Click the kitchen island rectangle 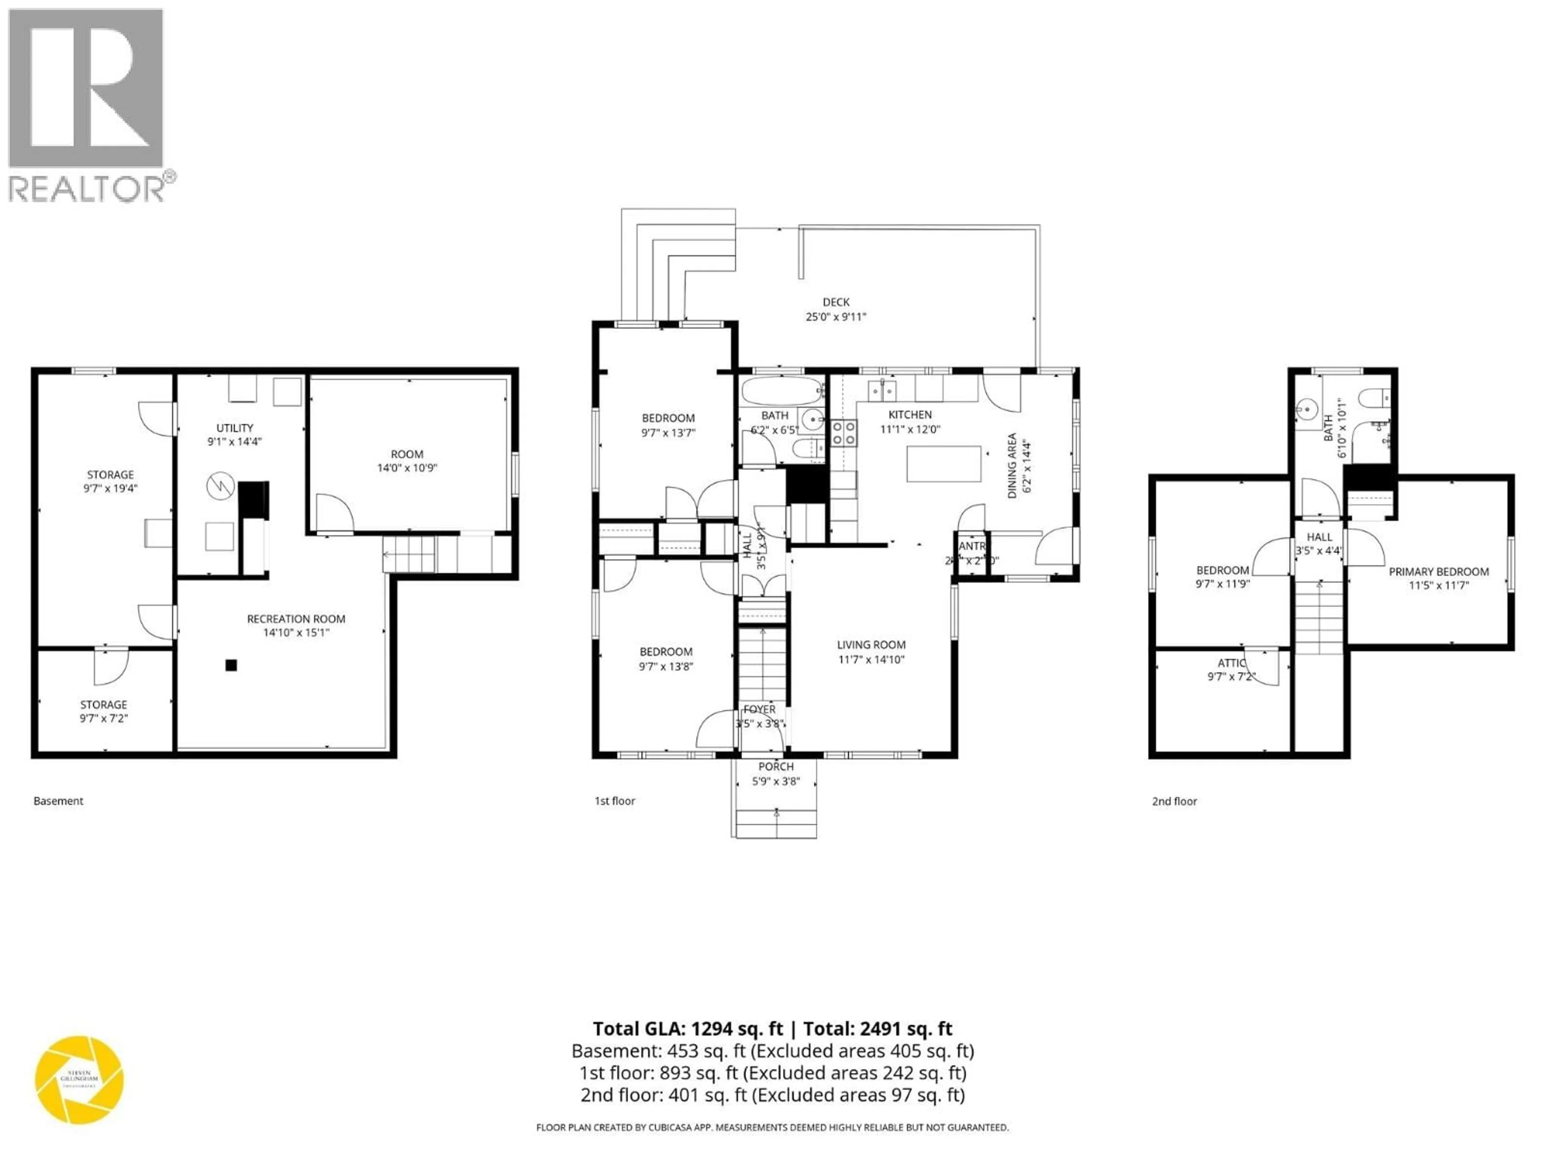pyautogui.click(x=943, y=464)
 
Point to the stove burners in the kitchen pyautogui.click(x=843, y=433)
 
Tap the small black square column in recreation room pyautogui.click(x=231, y=665)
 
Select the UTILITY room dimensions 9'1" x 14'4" pyautogui.click(x=234, y=441)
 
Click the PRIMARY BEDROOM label pyautogui.click(x=1438, y=571)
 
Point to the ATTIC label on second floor pyautogui.click(x=1231, y=663)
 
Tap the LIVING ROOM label pyautogui.click(x=871, y=645)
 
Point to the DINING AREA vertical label pyautogui.click(x=1011, y=465)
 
